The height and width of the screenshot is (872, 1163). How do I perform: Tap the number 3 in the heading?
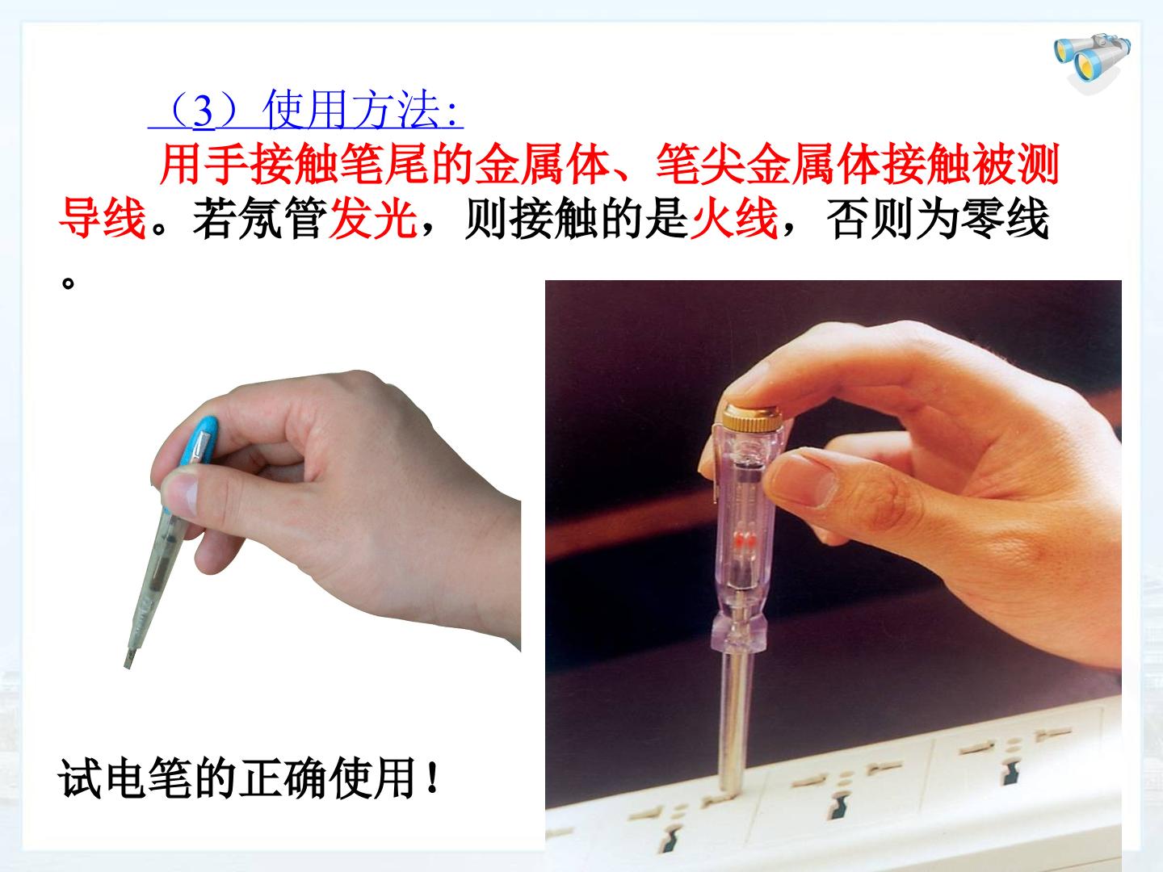[x=204, y=112]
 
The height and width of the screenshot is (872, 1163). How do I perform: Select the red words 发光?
[x=372, y=218]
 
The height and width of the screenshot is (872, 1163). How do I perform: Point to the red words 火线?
[x=734, y=218]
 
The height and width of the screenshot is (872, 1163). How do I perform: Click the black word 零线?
[x=1005, y=218]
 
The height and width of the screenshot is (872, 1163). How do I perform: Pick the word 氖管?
[x=283, y=218]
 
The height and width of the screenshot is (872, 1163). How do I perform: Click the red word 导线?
[x=103, y=218]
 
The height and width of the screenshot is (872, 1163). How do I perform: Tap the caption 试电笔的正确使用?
[x=237, y=778]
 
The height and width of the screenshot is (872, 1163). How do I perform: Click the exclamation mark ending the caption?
[x=433, y=778]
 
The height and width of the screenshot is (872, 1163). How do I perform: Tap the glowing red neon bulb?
[x=743, y=541]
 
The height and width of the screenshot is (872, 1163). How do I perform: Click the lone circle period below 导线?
[x=68, y=283]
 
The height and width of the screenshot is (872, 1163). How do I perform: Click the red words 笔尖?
[x=700, y=163]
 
